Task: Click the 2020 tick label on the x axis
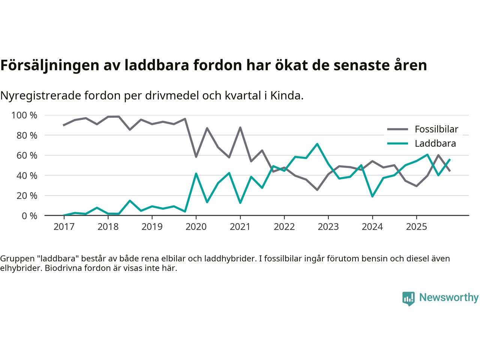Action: [196, 227]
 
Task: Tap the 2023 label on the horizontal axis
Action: [328, 227]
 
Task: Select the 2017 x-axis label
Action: [64, 227]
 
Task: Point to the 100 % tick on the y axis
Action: [24, 115]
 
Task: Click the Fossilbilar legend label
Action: [436, 129]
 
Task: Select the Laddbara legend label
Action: [435, 143]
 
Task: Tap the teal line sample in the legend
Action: [397, 143]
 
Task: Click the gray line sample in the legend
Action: [397, 129]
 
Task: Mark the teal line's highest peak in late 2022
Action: [317, 144]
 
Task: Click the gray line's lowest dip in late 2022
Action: [317, 190]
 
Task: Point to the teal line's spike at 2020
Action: [196, 174]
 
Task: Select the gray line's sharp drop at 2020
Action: [196, 156]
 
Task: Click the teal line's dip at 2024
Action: [372, 196]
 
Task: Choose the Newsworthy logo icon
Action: [408, 298]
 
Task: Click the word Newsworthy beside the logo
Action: [448, 298]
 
